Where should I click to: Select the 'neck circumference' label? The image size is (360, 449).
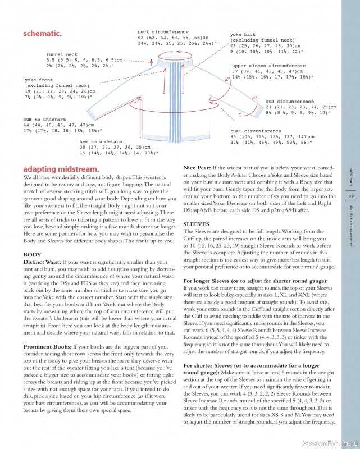163,32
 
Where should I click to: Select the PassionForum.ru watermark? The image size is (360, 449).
326,441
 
